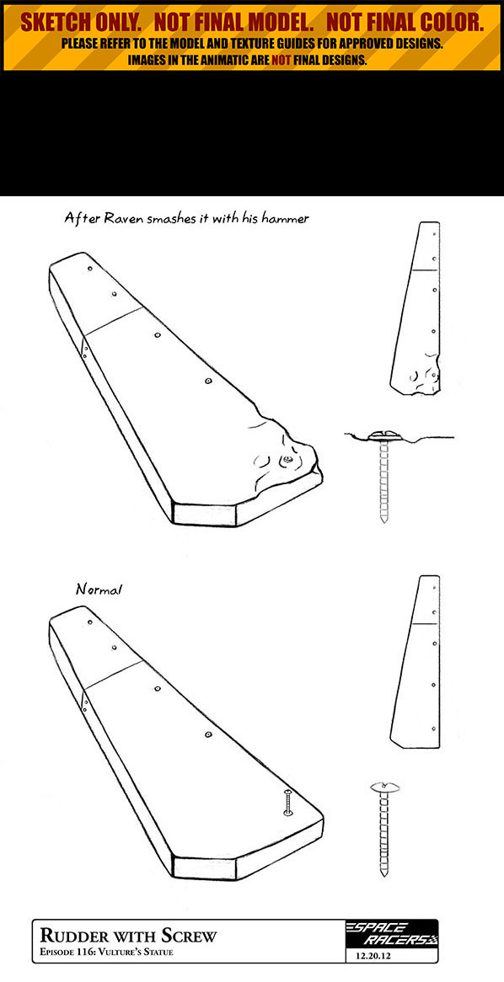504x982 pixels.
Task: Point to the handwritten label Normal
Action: coord(99,590)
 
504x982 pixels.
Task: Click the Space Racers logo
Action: coord(392,934)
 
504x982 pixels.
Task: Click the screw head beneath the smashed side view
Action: coord(383,434)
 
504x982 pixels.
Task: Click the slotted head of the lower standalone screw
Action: coord(385,786)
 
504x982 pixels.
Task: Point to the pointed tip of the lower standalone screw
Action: coord(383,873)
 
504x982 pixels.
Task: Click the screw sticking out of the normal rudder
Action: coord(287,803)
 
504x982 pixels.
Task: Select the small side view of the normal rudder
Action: coord(415,661)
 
